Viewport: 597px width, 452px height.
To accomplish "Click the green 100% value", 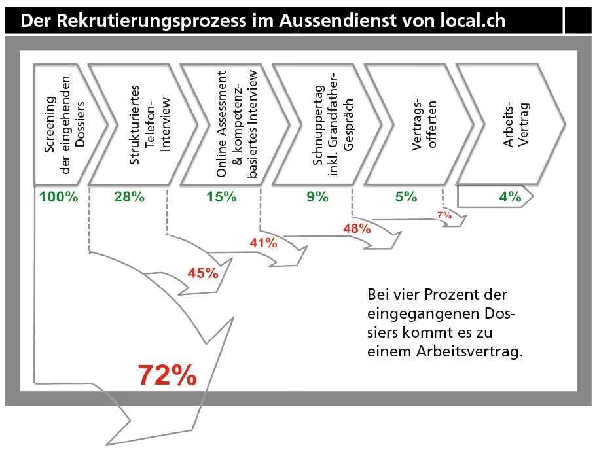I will click(58, 197).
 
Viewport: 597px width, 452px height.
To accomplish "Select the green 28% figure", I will click(129, 197).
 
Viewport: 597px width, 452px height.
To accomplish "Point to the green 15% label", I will click(221, 197).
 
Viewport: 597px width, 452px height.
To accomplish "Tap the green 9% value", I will click(317, 197).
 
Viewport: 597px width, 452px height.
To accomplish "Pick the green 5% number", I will click(406, 197).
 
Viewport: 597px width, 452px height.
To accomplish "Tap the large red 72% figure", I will click(168, 375).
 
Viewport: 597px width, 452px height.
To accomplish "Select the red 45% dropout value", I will click(203, 273).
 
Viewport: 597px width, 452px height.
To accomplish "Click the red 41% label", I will click(263, 243).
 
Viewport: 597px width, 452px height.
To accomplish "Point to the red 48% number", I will click(357, 228).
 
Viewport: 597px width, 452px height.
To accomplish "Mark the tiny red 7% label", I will click(444, 215).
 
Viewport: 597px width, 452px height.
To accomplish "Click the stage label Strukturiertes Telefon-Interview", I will click(150, 124).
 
